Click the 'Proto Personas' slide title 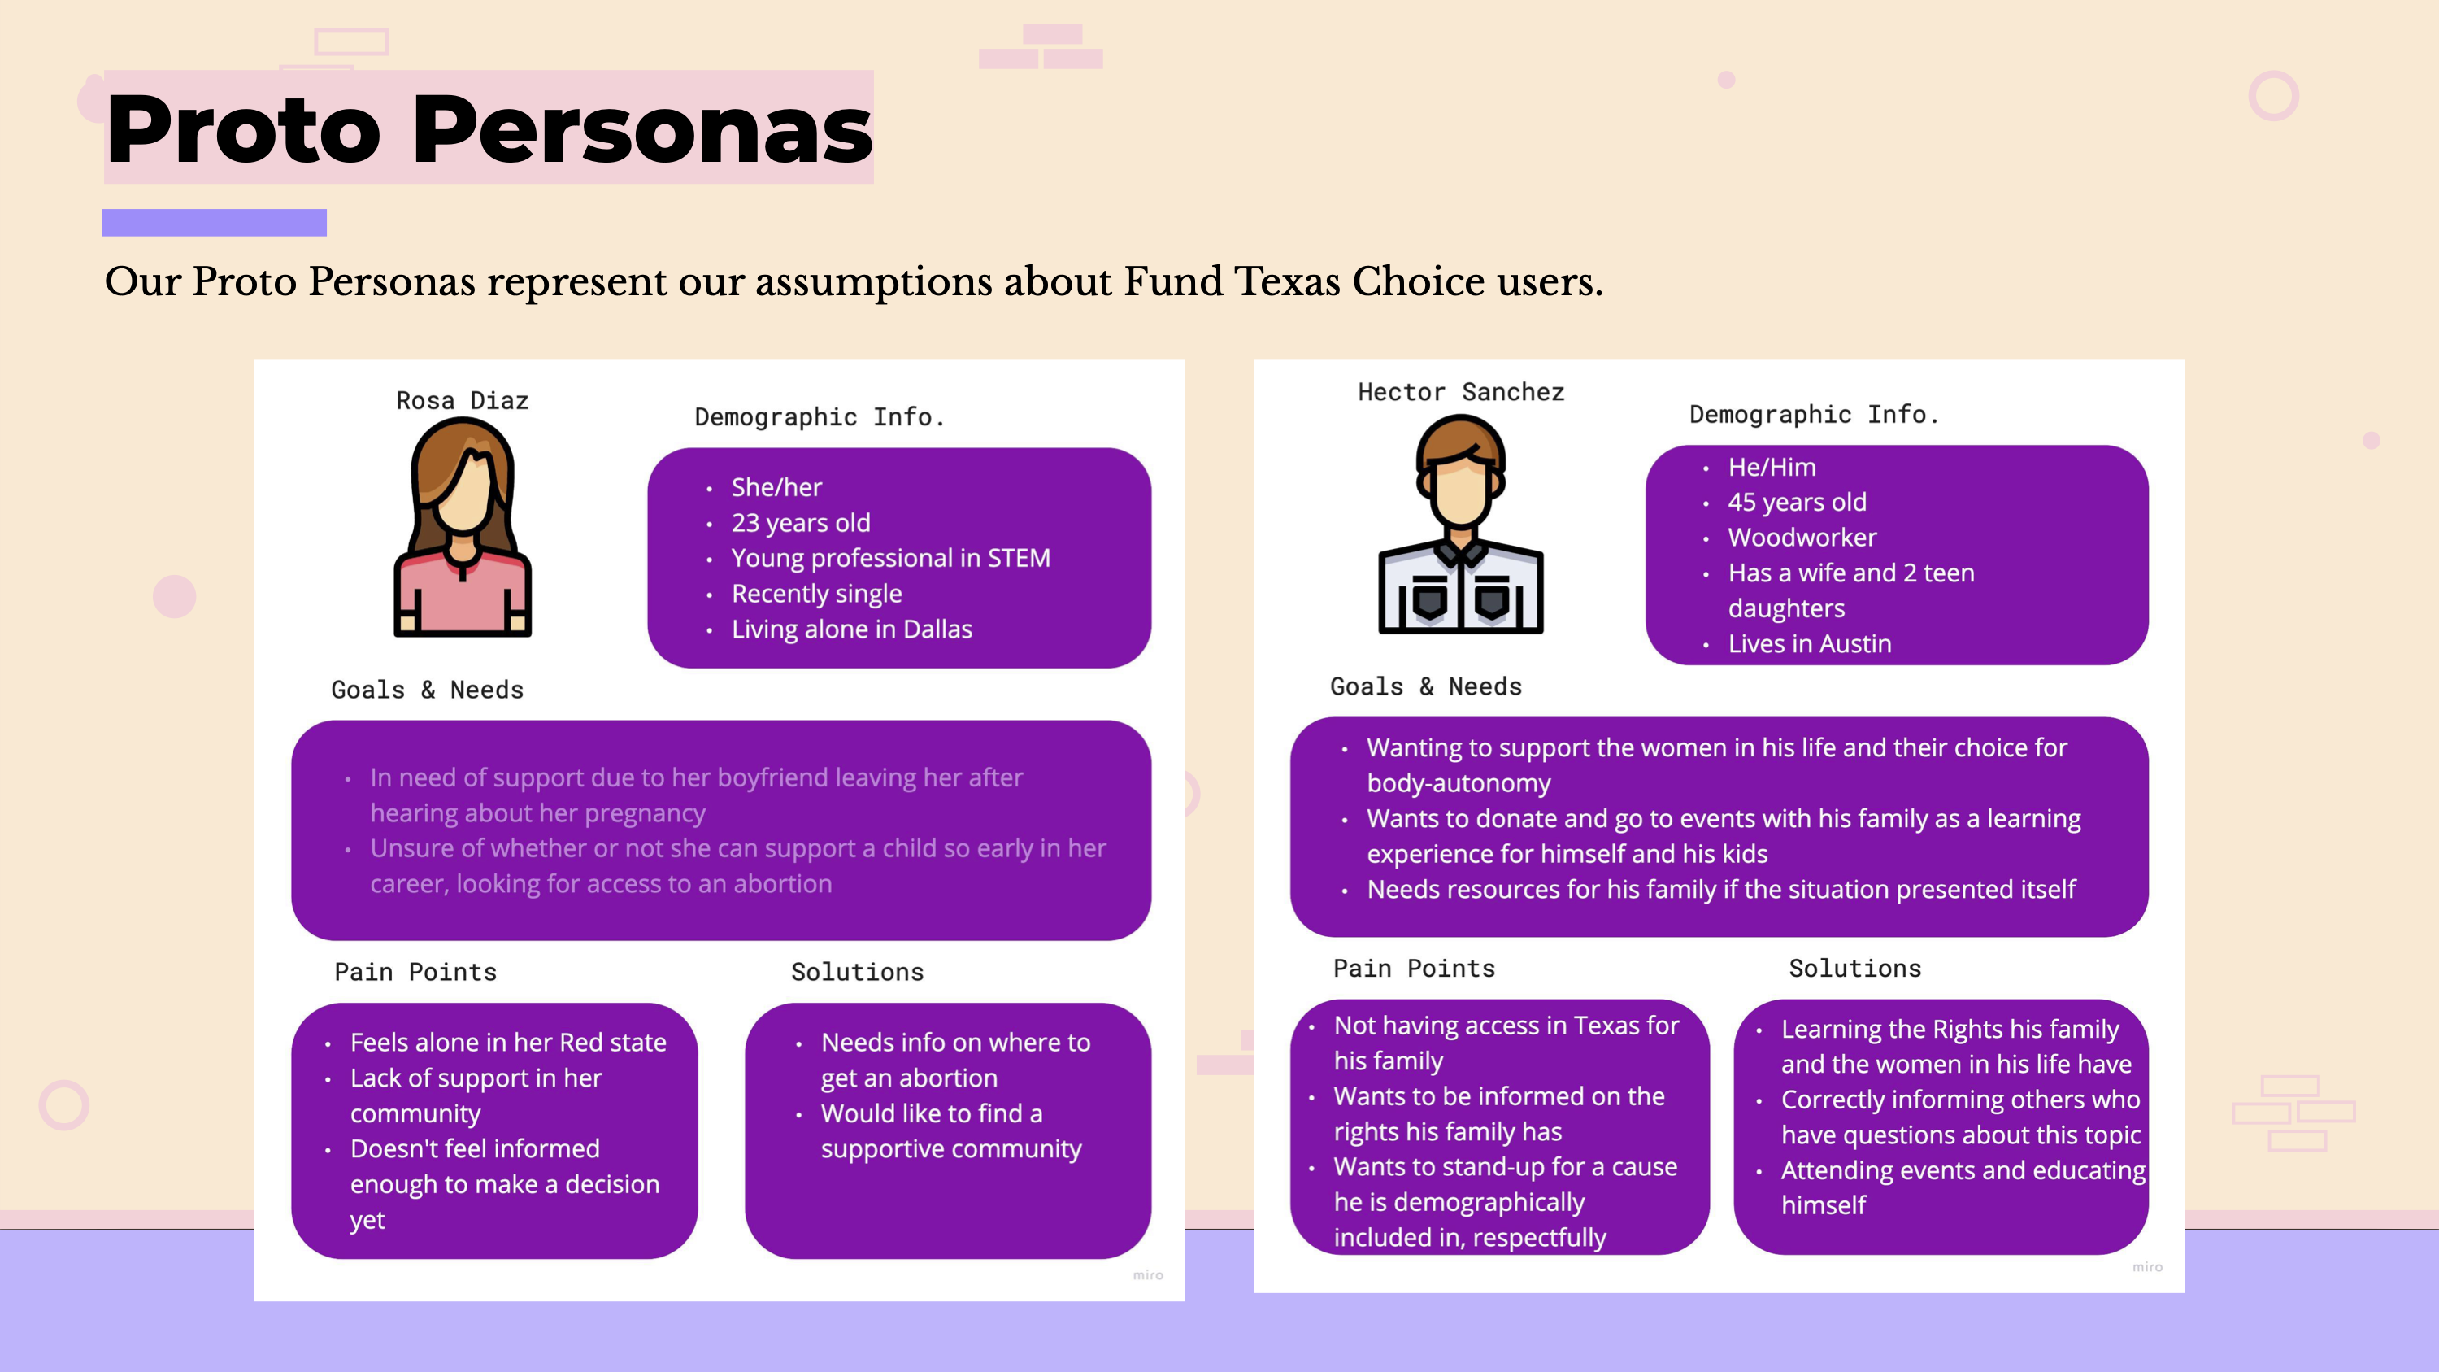pyautogui.click(x=489, y=128)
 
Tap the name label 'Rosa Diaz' pyautogui.click(x=462, y=400)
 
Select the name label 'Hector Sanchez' pyautogui.click(x=1461, y=392)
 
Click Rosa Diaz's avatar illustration pyautogui.click(x=463, y=526)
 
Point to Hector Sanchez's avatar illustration pyautogui.click(x=1461, y=524)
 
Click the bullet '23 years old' pyautogui.click(x=800, y=523)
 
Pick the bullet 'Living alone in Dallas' pyautogui.click(x=851, y=629)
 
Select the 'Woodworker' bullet pyautogui.click(x=1802, y=537)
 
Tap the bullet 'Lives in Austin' pyautogui.click(x=1810, y=644)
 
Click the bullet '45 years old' pyautogui.click(x=1797, y=502)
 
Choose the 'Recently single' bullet pyautogui.click(x=816, y=594)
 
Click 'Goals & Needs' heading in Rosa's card pyautogui.click(x=427, y=690)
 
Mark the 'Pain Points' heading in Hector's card pyautogui.click(x=1414, y=968)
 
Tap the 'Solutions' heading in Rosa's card pyautogui.click(x=857, y=972)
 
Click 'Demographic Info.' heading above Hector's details pyautogui.click(x=1814, y=414)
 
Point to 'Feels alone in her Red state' pyautogui.click(x=507, y=1042)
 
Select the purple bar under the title pyautogui.click(x=214, y=223)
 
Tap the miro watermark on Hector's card pyautogui.click(x=2147, y=1267)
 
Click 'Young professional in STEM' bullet pyautogui.click(x=890, y=558)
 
